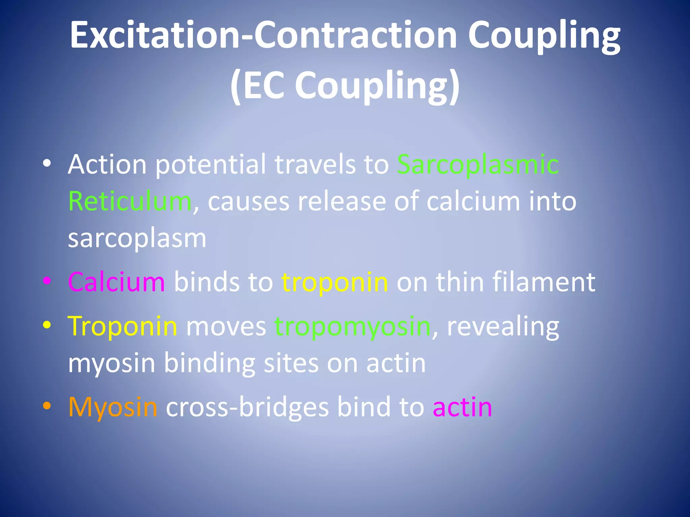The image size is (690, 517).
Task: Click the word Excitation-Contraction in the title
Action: pos(263,35)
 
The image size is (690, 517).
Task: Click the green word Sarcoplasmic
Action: pos(478,165)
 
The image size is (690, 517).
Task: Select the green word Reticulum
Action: pos(130,201)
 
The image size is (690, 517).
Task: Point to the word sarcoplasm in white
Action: pos(137,238)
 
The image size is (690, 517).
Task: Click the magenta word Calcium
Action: pos(117,282)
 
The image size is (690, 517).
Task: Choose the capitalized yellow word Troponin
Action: pos(122,326)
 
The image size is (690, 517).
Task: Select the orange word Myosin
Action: pos(113,407)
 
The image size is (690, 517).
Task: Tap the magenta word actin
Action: pos(462,407)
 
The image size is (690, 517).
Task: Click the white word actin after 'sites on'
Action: pos(396,364)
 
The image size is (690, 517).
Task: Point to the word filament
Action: pos(544,282)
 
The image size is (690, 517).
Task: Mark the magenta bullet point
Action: pos(47,281)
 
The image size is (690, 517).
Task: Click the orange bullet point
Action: pos(47,406)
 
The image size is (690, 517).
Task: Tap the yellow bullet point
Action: pos(47,325)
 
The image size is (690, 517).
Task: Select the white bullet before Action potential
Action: pos(47,163)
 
